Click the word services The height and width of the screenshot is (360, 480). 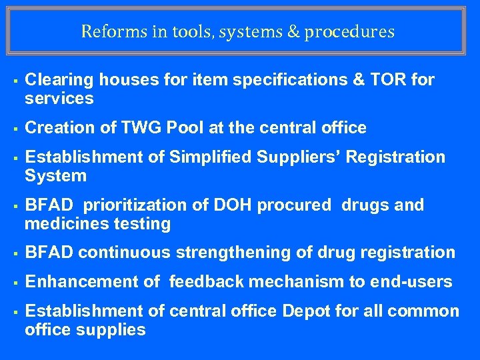coord(59,99)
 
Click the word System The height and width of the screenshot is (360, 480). coord(55,175)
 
